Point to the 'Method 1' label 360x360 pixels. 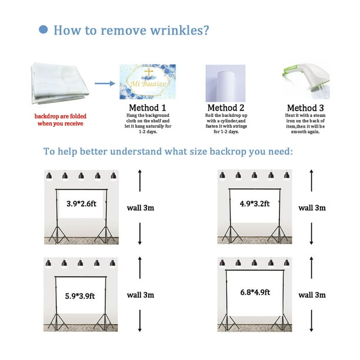148,108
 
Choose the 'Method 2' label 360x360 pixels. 225,108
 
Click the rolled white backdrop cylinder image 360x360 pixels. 225,82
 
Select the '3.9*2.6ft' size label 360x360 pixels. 78,204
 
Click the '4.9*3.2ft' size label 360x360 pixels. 254,204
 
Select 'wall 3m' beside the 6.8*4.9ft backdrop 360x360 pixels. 312,294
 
